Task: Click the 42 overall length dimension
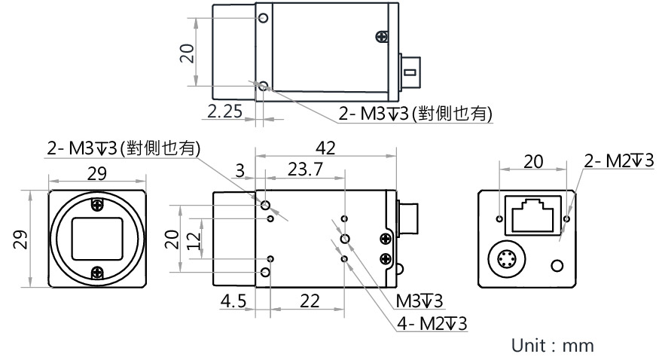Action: tap(326, 147)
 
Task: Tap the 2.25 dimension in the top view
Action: tap(224, 111)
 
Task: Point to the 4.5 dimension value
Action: tap(233, 301)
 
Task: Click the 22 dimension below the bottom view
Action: tap(309, 301)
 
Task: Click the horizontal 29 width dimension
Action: tap(96, 172)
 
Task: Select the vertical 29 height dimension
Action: tap(23, 238)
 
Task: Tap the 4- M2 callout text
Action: tap(432, 323)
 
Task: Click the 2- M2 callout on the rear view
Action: tap(618, 160)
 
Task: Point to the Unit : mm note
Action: tap(553, 346)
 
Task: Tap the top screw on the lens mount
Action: tap(97, 204)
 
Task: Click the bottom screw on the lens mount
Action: tap(97, 272)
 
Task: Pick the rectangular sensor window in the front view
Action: tap(97, 238)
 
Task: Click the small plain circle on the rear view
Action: tap(558, 266)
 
